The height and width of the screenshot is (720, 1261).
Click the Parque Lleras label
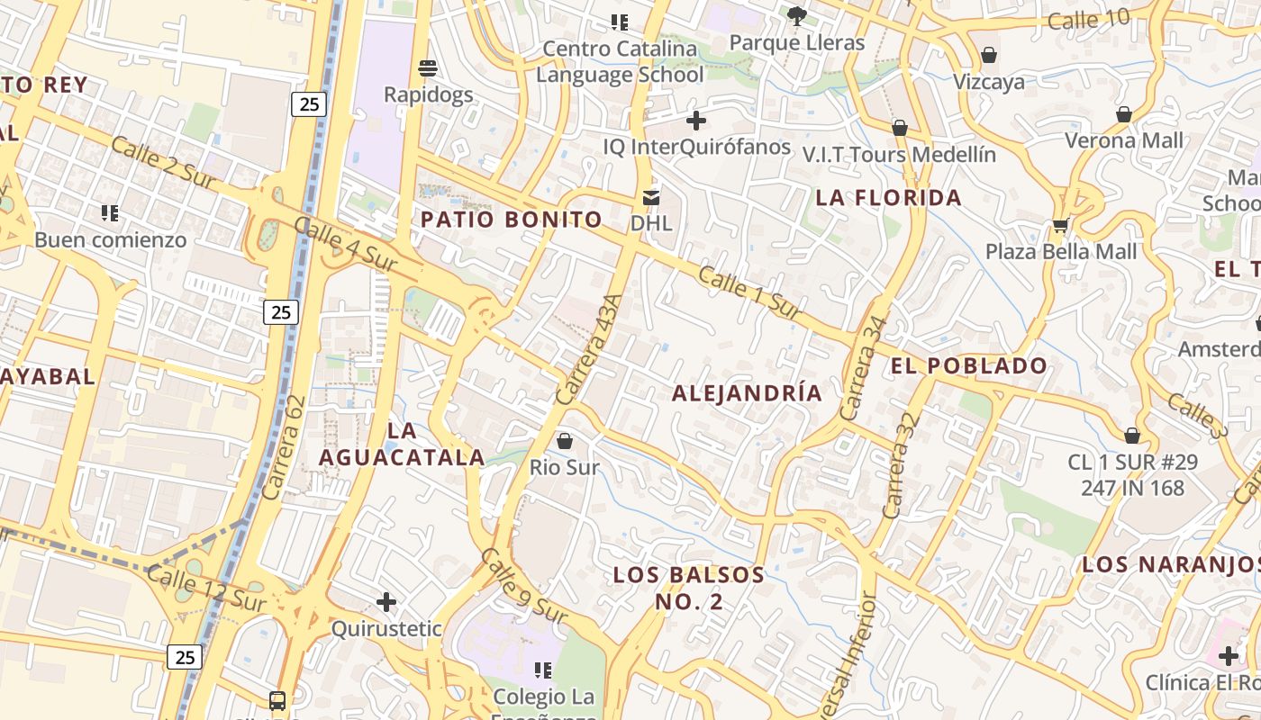tap(796, 42)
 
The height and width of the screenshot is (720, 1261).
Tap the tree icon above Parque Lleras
tap(796, 15)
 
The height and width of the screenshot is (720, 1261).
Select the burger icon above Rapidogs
tap(428, 68)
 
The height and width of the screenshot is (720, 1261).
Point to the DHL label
tap(651, 222)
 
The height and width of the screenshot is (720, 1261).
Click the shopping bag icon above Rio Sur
tap(565, 441)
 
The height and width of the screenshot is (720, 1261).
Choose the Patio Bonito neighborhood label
tap(512, 219)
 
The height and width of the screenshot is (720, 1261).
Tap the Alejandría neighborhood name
tap(747, 392)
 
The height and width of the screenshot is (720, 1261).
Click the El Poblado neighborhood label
tap(969, 365)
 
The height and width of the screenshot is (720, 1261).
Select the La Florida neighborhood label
tap(888, 197)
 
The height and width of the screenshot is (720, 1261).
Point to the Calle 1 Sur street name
tap(749, 292)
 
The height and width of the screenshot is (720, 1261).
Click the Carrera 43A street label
tap(589, 349)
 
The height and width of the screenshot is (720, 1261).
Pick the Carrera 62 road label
tap(286, 447)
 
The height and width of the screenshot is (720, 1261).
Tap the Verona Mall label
tap(1124, 140)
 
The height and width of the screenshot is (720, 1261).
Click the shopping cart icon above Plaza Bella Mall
tap(1060, 225)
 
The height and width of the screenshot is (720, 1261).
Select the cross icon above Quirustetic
tap(386, 601)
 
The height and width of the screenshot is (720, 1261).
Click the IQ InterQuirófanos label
tap(696, 147)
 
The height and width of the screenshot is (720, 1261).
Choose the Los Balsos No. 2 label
tap(688, 588)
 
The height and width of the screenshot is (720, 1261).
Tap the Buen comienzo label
tap(111, 239)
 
